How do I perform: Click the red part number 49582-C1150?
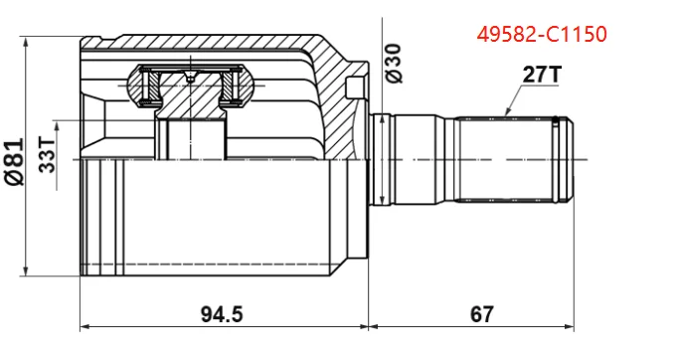(x=542, y=35)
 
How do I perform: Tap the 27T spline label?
(x=543, y=75)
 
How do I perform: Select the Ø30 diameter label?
(x=394, y=64)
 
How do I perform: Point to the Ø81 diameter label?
(x=14, y=162)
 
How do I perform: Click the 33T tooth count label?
(x=47, y=155)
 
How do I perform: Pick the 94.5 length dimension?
(x=222, y=314)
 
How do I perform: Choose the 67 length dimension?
(x=481, y=314)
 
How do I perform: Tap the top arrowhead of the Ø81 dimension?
(x=26, y=42)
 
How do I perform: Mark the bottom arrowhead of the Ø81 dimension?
(x=26, y=270)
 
